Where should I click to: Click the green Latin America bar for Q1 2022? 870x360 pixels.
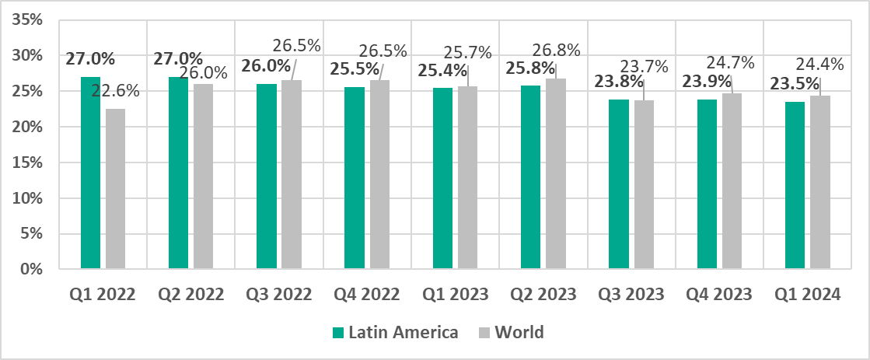[90, 173]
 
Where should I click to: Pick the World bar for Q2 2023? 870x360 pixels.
[555, 173]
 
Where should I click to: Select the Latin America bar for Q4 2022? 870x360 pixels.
[355, 178]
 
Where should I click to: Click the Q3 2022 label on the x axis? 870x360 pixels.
[279, 295]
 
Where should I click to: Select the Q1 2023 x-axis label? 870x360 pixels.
[455, 295]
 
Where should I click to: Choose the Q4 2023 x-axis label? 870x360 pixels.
[719, 295]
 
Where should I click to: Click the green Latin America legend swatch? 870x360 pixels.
[338, 332]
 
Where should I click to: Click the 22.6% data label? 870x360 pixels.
[116, 90]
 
